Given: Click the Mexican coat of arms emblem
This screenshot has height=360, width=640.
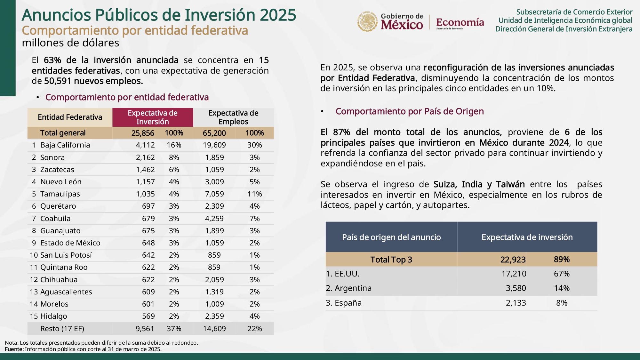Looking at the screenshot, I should [367, 22].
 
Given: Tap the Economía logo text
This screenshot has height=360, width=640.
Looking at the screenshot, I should [460, 22].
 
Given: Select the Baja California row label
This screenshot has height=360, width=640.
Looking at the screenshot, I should [65, 145].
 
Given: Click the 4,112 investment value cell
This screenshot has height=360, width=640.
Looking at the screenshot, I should [145, 145].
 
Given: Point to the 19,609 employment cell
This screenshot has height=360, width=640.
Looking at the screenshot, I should [214, 145].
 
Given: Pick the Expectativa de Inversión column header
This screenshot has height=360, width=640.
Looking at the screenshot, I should [152, 117].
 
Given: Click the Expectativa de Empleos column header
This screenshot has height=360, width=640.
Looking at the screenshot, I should [233, 117].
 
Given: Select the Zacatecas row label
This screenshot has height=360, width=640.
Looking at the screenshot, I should [57, 170].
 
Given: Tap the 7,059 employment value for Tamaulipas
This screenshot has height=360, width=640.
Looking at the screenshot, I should [214, 194].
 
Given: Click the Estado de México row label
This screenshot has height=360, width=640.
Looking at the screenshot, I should [70, 243].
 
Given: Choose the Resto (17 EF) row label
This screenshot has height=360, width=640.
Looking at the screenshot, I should [62, 329].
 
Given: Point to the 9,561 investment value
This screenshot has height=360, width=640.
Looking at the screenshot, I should [145, 329].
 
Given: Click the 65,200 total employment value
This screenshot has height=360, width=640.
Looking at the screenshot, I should [214, 133].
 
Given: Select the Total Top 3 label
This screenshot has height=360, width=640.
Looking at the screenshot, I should [391, 260].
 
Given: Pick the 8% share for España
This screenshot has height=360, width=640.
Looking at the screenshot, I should [562, 303].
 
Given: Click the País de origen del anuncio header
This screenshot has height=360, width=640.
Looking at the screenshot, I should [391, 237].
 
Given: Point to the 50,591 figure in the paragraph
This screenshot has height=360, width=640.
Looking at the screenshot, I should [58, 81].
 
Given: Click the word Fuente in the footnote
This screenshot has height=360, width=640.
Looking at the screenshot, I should [14, 349].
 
